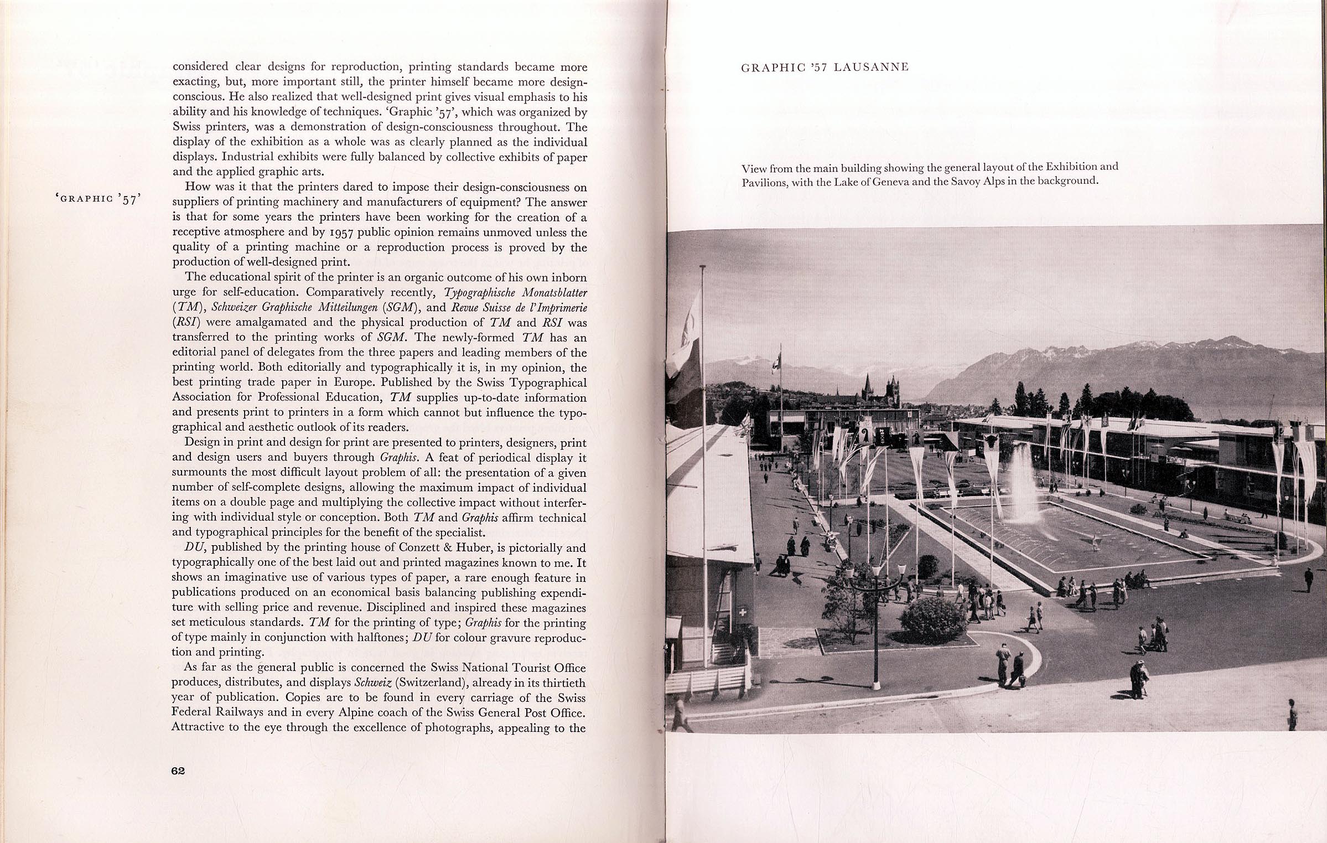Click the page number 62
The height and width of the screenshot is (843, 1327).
point(178,771)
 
